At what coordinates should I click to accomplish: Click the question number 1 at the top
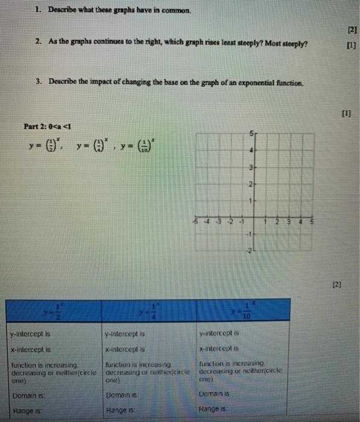point(37,10)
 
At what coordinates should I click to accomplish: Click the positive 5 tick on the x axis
point(312,221)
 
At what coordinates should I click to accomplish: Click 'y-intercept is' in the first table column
point(30,333)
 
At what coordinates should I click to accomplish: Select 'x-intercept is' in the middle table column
point(127,348)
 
